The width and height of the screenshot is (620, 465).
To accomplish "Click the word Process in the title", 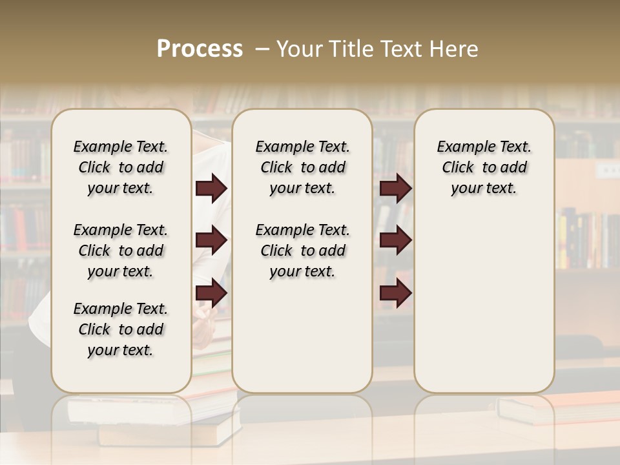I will click(200, 49).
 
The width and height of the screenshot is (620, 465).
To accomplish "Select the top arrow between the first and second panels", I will click(211, 189).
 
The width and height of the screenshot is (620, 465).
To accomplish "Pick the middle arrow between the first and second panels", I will click(211, 241).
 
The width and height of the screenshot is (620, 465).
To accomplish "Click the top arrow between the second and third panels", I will click(395, 189).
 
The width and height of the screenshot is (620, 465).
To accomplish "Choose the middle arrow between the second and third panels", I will click(395, 241).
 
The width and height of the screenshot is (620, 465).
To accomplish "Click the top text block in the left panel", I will click(121, 167).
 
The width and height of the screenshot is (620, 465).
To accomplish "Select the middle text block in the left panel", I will click(121, 251).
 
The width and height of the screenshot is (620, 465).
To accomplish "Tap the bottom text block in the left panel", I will click(121, 329).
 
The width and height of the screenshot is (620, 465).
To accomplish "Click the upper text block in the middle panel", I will click(303, 167).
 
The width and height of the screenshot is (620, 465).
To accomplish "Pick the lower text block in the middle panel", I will click(303, 251).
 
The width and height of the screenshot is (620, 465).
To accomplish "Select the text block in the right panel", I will click(484, 167).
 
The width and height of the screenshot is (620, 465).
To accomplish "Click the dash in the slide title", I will click(262, 49).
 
